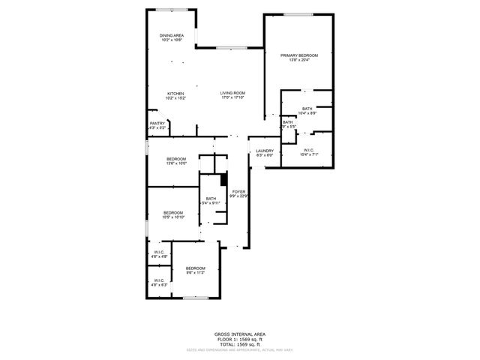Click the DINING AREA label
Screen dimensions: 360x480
point(171,35)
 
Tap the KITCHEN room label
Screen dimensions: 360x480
point(175,94)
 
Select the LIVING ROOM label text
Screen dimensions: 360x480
point(232,93)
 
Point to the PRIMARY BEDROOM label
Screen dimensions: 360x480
point(299,55)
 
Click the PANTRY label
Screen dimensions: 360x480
point(157,124)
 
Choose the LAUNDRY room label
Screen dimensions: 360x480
point(265,151)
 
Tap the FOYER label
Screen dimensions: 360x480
point(238,192)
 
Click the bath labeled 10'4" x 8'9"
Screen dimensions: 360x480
point(307,109)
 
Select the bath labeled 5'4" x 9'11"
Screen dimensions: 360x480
point(211,199)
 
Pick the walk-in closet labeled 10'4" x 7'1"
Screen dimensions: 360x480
point(309,151)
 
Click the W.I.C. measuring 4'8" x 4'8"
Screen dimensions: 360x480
point(160,252)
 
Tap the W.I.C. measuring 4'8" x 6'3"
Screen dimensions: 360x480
point(160,280)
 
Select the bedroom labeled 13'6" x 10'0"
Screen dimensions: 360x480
point(176,159)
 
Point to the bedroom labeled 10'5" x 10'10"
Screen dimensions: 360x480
point(173,214)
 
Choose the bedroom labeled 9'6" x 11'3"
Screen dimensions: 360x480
point(196,268)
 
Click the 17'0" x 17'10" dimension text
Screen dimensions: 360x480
point(232,98)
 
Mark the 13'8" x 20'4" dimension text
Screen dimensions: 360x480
point(299,61)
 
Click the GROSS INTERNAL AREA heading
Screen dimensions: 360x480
point(240,334)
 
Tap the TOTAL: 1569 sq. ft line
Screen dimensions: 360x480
point(240,343)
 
